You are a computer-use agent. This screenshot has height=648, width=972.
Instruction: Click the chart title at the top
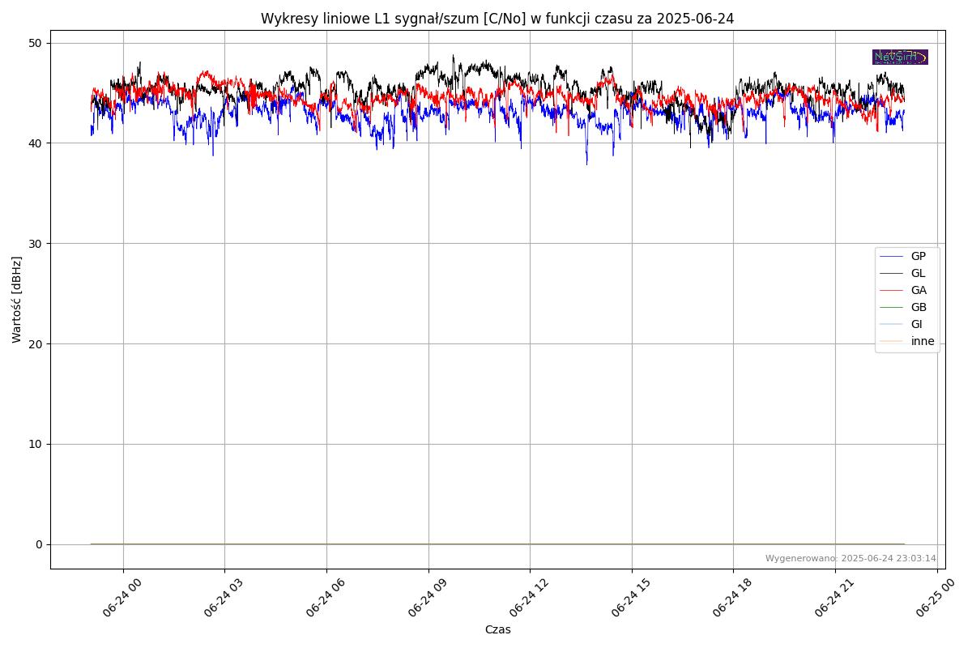[x=497, y=19]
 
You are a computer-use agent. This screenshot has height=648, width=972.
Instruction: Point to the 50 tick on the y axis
[x=37, y=43]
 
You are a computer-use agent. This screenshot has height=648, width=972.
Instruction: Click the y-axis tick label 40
[x=37, y=143]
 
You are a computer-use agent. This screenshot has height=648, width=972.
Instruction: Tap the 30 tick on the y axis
[x=37, y=244]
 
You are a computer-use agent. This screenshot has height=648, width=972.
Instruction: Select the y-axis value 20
[x=37, y=343]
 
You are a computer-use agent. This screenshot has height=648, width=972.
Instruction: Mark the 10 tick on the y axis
[x=37, y=444]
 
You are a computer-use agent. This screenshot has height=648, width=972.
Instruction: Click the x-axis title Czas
[x=497, y=629]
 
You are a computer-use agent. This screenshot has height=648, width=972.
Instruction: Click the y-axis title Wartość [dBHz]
[x=17, y=300]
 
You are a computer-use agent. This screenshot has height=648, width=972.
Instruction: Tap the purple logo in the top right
[x=900, y=57]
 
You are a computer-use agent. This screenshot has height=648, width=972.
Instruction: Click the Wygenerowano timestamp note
[x=850, y=559]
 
